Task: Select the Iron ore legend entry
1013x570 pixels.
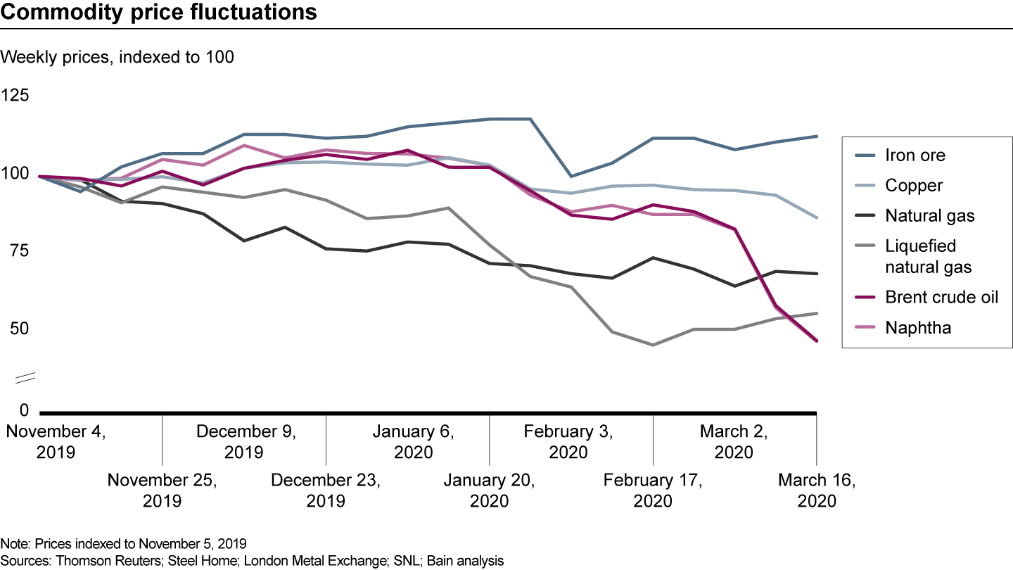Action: [x=915, y=155]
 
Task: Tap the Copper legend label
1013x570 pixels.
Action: [x=914, y=186]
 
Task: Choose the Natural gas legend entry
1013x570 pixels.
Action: [x=930, y=216]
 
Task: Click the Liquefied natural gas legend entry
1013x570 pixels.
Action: [x=929, y=256]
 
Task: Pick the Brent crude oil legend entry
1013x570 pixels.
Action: [x=941, y=297]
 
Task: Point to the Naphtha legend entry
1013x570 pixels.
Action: [x=918, y=327]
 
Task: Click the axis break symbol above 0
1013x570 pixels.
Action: [x=25, y=379]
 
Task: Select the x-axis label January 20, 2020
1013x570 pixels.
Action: [x=489, y=490]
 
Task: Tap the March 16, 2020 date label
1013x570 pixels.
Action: [x=816, y=490]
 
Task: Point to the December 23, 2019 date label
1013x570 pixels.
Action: [x=326, y=490]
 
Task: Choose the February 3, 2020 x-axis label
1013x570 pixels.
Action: [x=568, y=441]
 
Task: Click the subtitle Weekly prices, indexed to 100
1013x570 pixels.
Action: [x=117, y=58]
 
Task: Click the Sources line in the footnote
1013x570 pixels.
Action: [x=253, y=561]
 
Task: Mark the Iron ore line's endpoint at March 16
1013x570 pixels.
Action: [x=816, y=137]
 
